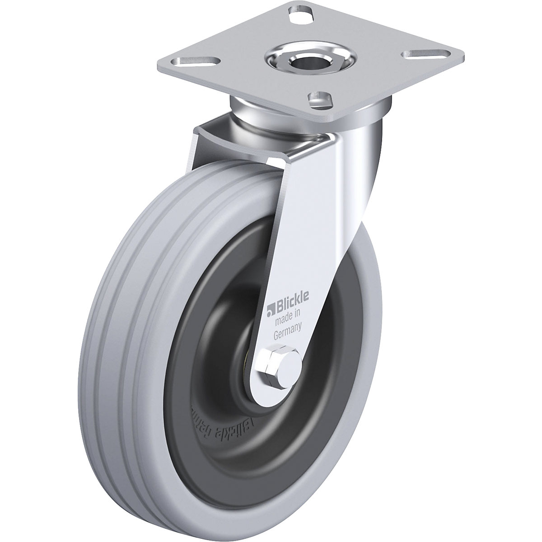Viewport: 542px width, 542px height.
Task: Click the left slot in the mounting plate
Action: coord(207,59)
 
